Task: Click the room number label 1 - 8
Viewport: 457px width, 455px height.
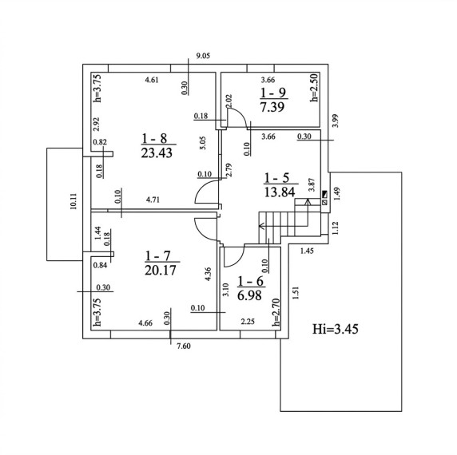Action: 154,138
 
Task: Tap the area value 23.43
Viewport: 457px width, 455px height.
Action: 157,152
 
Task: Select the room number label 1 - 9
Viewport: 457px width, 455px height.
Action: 273,93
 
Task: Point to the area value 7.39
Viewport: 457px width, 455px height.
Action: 272,107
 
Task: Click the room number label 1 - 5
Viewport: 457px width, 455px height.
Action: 276,178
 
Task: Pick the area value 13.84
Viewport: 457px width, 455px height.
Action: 280,192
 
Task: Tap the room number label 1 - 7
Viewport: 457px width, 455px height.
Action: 157,256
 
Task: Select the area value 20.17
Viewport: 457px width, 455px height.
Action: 161,270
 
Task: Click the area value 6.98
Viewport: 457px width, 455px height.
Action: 249,296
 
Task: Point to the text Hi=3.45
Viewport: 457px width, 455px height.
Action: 336,329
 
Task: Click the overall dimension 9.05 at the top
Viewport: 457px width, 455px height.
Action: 203,56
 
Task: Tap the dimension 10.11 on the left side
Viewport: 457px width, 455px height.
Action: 74,201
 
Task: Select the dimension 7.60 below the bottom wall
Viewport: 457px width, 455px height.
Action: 184,346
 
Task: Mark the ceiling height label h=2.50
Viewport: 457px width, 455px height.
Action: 314,87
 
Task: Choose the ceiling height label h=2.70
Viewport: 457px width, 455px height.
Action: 276,312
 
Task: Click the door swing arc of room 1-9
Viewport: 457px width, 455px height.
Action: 240,114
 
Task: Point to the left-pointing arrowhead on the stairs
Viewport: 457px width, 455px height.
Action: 261,226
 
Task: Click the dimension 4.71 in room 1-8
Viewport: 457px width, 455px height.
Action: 153,200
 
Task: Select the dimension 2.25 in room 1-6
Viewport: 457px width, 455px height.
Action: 248,322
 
